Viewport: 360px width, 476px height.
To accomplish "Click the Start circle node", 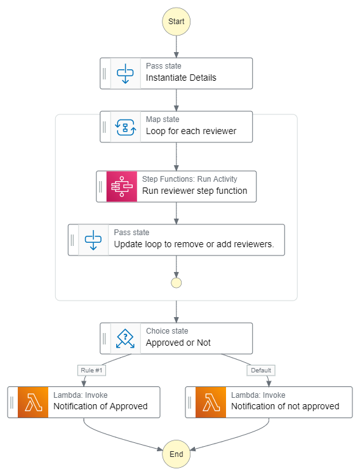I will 176,22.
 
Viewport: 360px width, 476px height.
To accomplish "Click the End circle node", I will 176,454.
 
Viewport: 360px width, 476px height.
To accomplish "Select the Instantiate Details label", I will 181,78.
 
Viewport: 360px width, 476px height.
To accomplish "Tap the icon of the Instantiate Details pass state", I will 125,74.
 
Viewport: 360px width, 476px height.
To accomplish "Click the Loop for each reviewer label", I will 191,132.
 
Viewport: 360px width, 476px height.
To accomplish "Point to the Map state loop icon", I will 125,127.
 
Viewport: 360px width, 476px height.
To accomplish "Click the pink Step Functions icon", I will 121,186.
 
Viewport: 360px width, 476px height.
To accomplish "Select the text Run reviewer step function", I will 194,191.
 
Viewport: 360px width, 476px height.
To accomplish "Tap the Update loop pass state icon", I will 93,240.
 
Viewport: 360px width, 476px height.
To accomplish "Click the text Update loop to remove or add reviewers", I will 194,245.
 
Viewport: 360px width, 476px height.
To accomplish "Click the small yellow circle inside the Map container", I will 176,283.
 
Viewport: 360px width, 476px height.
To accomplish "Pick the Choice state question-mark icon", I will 125,338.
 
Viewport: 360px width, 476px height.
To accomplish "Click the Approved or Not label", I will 178,343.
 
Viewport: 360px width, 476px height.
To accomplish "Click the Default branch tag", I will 261,370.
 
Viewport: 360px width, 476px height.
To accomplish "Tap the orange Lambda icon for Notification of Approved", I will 32,402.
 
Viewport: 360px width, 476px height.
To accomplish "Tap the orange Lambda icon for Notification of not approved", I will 210,402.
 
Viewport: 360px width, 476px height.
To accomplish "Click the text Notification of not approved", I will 285,407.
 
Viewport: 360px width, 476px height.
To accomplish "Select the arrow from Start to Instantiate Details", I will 176,46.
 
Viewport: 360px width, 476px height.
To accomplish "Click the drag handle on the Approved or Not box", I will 105,338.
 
